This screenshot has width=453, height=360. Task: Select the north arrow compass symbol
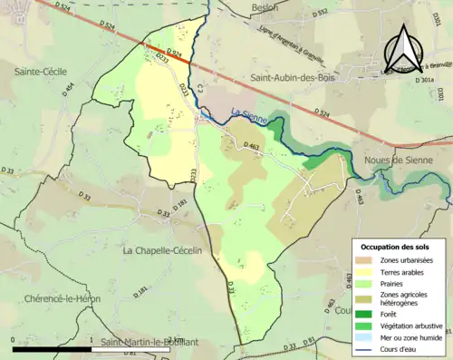coord(404,47)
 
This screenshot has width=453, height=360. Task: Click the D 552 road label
coord(321,14)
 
